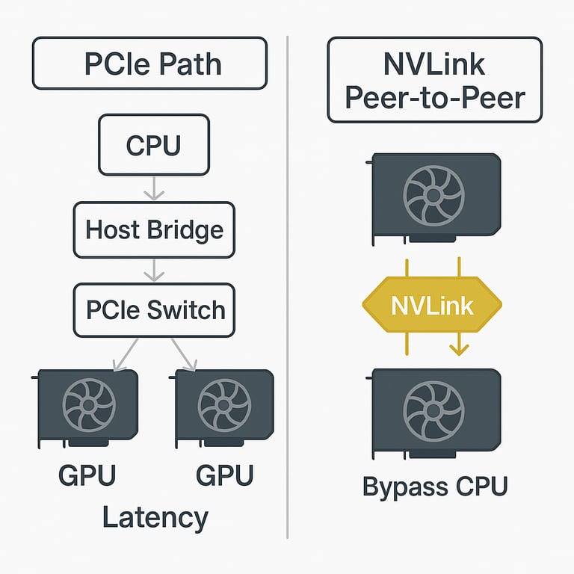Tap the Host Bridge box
pos(154,229)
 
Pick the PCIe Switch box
pos(154,309)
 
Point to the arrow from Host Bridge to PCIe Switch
pos(153,270)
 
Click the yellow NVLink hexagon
pos(432,306)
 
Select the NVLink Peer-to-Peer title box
pos(434,80)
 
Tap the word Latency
pos(155,517)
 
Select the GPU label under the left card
pos(87,475)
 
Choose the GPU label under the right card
pos(224,475)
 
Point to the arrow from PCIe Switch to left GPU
pos(124,354)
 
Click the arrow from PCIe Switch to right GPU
pos(183,354)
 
